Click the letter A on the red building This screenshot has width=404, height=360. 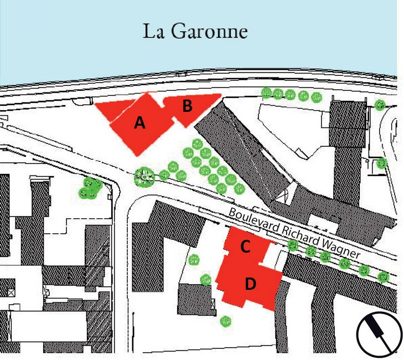coord(140,123)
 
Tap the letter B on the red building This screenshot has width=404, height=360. coord(187,105)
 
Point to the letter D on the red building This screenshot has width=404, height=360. coord(250,284)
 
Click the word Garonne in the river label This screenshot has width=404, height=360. coord(211,31)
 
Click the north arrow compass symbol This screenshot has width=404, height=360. coord(379,335)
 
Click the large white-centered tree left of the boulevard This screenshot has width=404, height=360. coord(144,177)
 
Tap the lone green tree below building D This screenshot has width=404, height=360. coord(225,321)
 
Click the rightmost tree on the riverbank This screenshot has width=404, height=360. coord(380,105)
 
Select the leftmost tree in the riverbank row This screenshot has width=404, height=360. coord(266,92)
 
